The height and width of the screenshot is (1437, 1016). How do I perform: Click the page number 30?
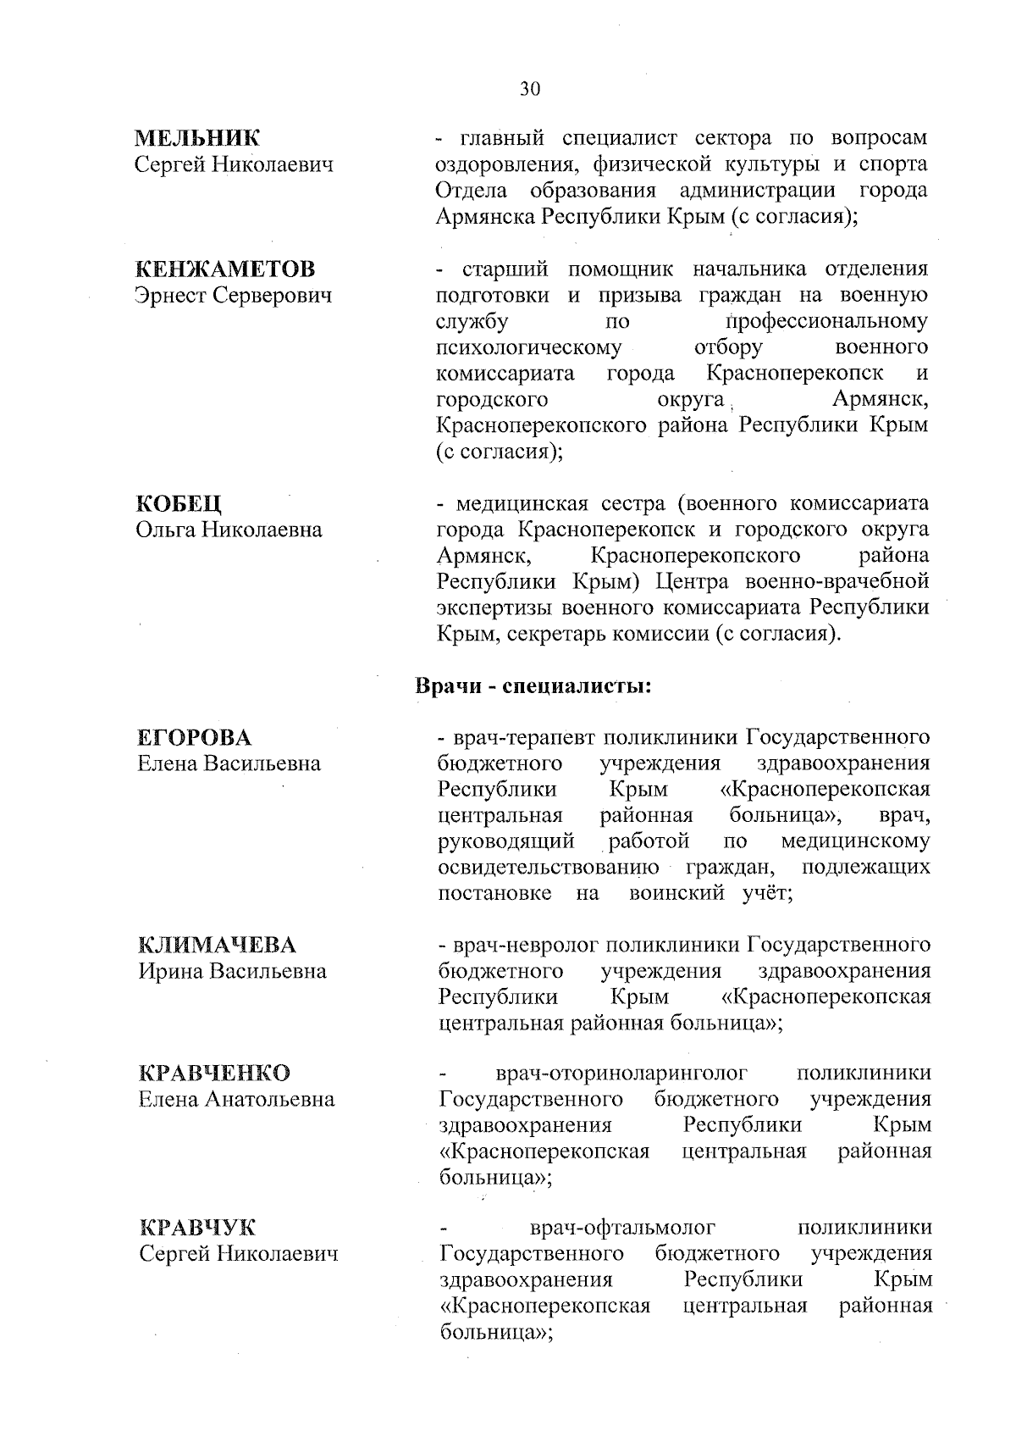tap(530, 90)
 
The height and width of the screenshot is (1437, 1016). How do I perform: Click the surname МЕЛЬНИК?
tap(199, 138)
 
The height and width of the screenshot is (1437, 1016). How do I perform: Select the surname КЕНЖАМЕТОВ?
tap(226, 269)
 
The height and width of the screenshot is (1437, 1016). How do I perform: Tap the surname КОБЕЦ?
tap(179, 504)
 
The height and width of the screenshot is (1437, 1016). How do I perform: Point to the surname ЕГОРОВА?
tap(195, 737)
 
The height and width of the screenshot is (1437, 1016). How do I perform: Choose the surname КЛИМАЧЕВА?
tap(218, 945)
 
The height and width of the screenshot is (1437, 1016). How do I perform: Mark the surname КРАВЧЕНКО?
tap(214, 1073)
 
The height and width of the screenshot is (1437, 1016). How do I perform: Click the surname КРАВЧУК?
tap(197, 1228)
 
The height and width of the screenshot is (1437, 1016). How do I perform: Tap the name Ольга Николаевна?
tap(229, 530)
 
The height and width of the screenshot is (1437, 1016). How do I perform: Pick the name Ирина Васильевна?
tap(232, 971)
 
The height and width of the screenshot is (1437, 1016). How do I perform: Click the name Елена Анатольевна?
tap(236, 1099)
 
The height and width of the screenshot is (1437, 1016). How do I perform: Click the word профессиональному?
tap(827, 322)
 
